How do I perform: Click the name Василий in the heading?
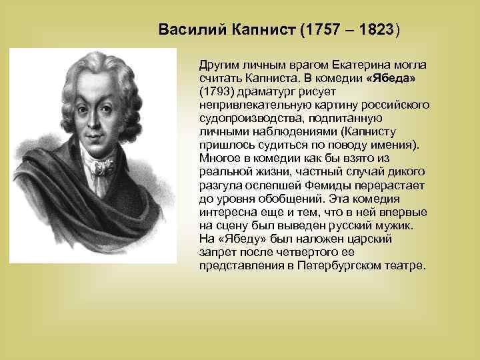click(189, 30)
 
